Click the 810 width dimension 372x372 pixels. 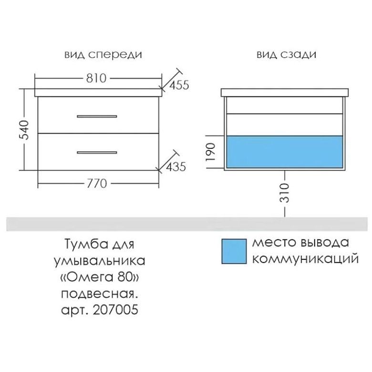click(96, 78)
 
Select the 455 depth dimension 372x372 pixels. click(179, 85)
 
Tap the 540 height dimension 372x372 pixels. click(24, 130)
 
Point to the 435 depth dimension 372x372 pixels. click(176, 167)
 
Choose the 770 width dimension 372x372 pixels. click(97, 184)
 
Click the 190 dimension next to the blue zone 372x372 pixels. click(211, 152)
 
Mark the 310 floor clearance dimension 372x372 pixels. click(285, 193)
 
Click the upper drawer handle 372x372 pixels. click(97, 116)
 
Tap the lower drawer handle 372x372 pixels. click(97, 153)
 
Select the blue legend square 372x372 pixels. click(234, 251)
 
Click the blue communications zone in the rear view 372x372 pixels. click(285, 152)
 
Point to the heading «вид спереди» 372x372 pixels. click(103, 55)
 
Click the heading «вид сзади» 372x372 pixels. click(287, 55)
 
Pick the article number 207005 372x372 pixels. click(115, 310)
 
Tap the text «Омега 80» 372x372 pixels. click(100, 278)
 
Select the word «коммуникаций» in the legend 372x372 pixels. click(305, 259)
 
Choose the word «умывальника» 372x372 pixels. click(100, 261)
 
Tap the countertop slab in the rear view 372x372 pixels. click(285, 93)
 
